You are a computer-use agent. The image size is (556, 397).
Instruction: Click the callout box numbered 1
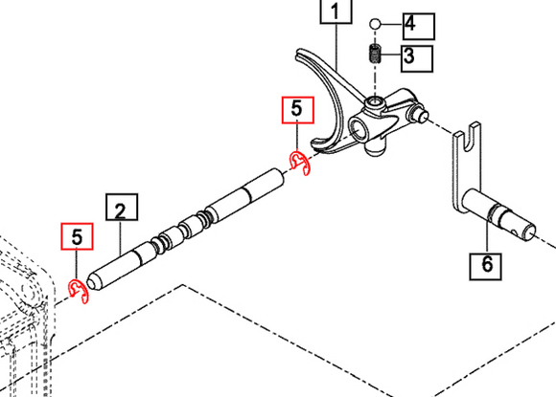[x=335, y=12]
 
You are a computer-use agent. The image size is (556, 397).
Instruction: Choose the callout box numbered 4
[x=420, y=23]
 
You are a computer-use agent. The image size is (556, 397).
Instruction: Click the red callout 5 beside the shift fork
[x=296, y=111]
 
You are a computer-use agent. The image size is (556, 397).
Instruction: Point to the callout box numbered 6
[x=485, y=264]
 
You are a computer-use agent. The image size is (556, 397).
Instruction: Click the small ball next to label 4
[x=378, y=23]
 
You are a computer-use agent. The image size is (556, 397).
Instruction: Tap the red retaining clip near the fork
[x=300, y=164]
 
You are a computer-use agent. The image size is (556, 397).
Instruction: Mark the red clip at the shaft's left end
[x=81, y=292]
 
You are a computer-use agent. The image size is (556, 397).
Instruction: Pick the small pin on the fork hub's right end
[x=419, y=114]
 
